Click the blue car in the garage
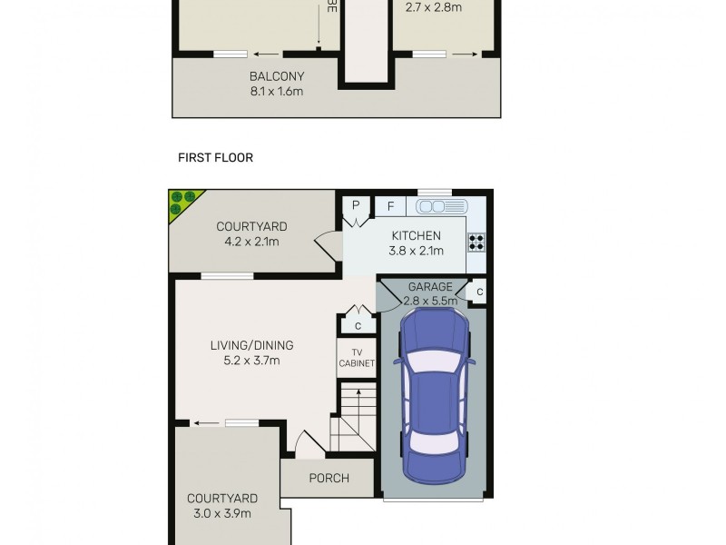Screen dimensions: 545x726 pos(433,396)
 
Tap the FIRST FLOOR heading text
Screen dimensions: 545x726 pos(215,158)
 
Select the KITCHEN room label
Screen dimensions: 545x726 pos(416,236)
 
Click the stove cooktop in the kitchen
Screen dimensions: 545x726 pos(476,242)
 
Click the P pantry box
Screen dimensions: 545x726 pos(356,206)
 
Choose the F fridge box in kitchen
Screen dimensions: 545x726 pos(389,206)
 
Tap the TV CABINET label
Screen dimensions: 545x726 pos(356,357)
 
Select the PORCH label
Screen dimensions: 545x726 pos(329,478)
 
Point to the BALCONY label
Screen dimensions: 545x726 pos(277,76)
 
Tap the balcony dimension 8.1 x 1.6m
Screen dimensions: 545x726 pos(277,92)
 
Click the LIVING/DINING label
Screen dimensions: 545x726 pos(251,345)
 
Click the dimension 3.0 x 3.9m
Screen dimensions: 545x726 pos(222,513)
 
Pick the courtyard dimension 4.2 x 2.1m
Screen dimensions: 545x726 pos(251,242)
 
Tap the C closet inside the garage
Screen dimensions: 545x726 pos(478,292)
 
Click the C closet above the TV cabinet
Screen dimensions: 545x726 pos(358,325)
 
